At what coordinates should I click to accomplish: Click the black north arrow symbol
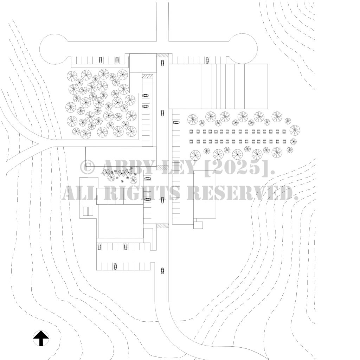pyautogui.click(x=41, y=338)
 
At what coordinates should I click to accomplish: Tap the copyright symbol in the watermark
pyautogui.click(x=87, y=167)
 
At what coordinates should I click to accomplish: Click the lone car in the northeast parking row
pyautogui.click(x=207, y=60)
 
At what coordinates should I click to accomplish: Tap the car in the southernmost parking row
pyautogui.click(x=115, y=266)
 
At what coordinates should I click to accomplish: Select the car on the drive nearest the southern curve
pyautogui.click(x=162, y=270)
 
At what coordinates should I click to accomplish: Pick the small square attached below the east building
pyautogui.click(x=198, y=225)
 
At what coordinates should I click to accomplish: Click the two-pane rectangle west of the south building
pyautogui.click(x=87, y=211)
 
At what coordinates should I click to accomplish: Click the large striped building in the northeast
pyautogui.click(x=218, y=86)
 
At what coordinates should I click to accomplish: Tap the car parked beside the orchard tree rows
pyautogui.click(x=176, y=122)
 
